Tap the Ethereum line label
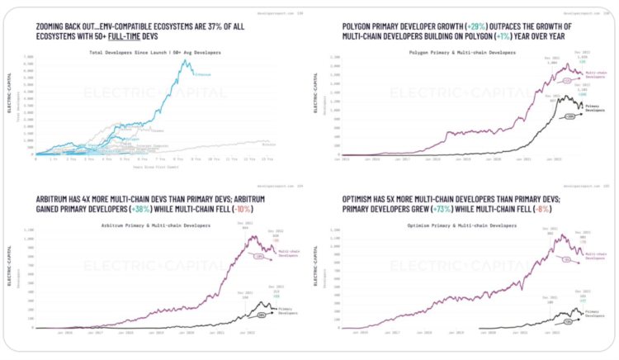click(x=201, y=73)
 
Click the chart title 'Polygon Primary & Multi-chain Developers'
click(x=467, y=52)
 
